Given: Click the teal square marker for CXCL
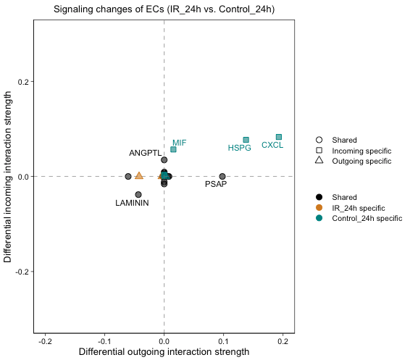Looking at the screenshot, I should tap(279, 137).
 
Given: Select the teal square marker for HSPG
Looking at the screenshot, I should tap(246, 140).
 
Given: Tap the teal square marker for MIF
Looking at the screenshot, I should tap(173, 149).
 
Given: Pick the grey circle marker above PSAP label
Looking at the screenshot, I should tap(222, 176).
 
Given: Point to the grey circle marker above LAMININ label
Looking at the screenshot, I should tap(138, 194).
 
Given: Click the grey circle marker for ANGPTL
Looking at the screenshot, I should tap(164, 159).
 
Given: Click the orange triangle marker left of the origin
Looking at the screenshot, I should tap(139, 176).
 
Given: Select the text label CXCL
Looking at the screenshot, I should tap(272, 146).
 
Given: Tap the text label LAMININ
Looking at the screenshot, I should tap(133, 204).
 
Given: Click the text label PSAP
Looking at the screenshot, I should tap(216, 185).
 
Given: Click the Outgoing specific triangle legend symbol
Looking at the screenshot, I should tap(319, 161).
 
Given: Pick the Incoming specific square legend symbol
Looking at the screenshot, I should tap(319, 151).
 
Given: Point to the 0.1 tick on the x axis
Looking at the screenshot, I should tap(223, 341).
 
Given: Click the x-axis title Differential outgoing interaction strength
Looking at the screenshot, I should tap(164, 352).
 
